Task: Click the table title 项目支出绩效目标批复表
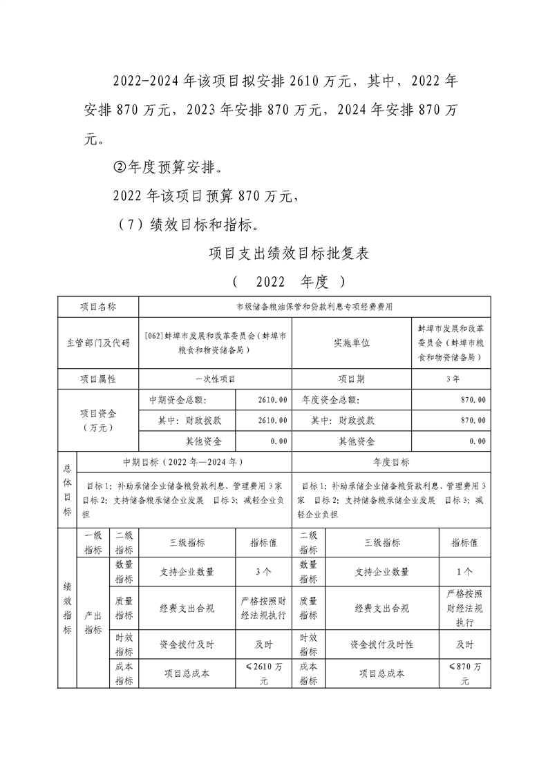[290, 253]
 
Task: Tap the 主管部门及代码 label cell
[98, 343]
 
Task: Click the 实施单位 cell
[352, 343]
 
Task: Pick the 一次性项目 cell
[215, 379]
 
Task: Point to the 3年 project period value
[452, 379]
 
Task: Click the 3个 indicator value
[263, 571]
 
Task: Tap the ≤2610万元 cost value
[263, 673]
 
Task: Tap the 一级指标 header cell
[93, 543]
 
